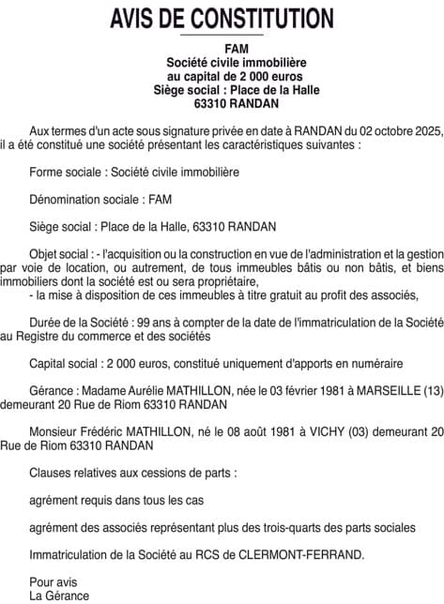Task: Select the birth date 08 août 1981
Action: click(255, 431)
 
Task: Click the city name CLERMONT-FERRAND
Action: click(300, 554)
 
